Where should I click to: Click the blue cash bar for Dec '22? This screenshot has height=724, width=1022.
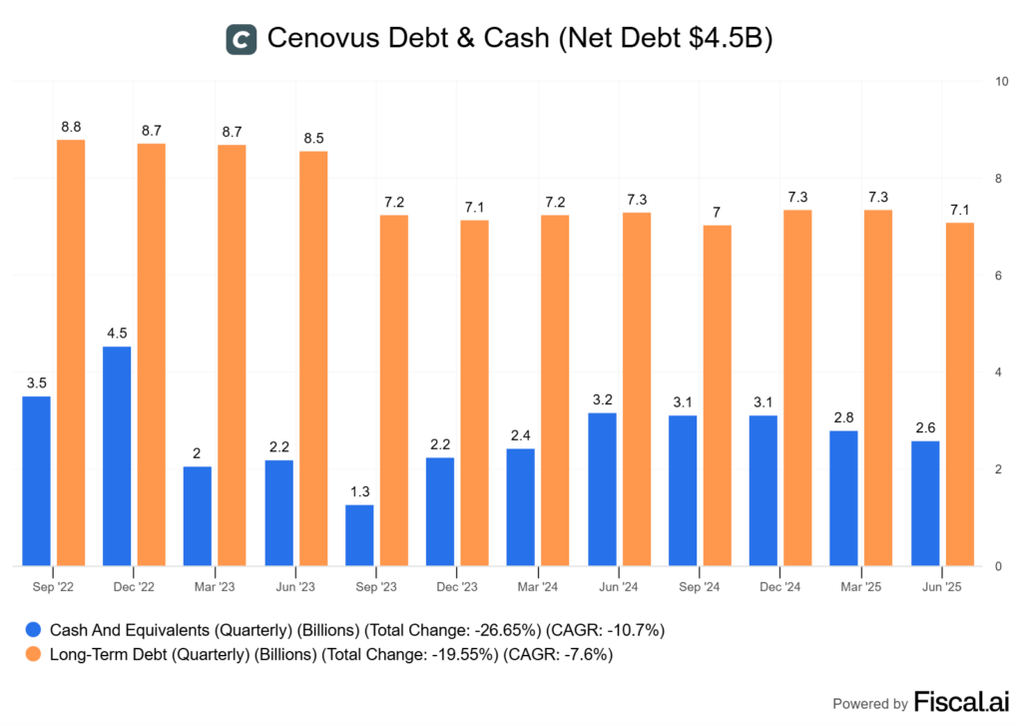point(117,456)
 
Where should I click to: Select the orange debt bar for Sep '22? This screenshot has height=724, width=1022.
point(71,353)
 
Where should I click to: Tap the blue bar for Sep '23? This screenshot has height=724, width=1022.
point(359,535)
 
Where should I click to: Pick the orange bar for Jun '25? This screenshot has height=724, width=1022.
point(960,394)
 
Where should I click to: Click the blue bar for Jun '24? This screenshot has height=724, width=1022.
point(602,489)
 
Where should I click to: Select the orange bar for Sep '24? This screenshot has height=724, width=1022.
point(718,395)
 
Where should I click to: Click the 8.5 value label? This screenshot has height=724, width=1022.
point(313,137)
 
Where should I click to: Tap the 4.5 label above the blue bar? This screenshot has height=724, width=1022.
point(117,333)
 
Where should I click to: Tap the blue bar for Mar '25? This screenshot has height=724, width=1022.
point(843,498)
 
